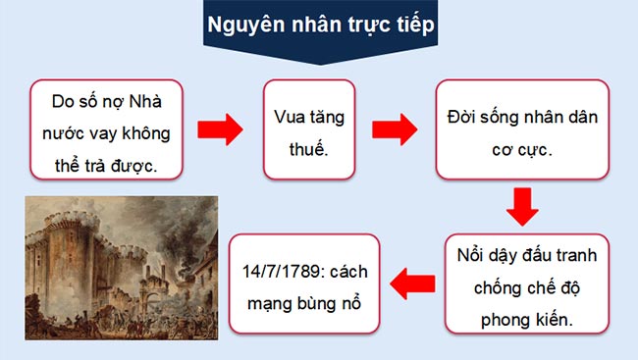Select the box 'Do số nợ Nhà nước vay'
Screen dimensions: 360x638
(x=108, y=129)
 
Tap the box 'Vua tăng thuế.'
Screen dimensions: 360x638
(x=308, y=129)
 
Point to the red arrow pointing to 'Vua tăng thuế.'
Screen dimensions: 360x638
(x=220, y=129)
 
